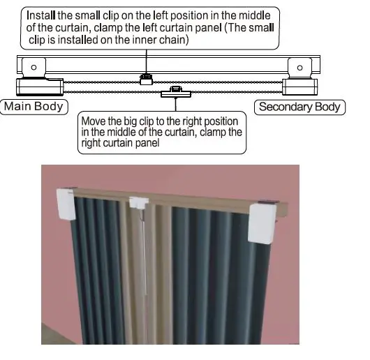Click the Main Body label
click(x=33, y=107)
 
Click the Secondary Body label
click(x=299, y=107)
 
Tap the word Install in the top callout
click(x=41, y=14)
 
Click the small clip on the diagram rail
click(x=146, y=79)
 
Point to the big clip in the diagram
click(x=176, y=93)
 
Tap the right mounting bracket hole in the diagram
click(x=300, y=68)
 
